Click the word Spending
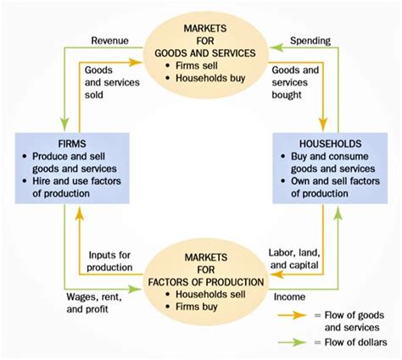[x=310, y=40]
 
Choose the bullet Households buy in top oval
[x=209, y=79]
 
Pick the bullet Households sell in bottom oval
[x=209, y=286]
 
